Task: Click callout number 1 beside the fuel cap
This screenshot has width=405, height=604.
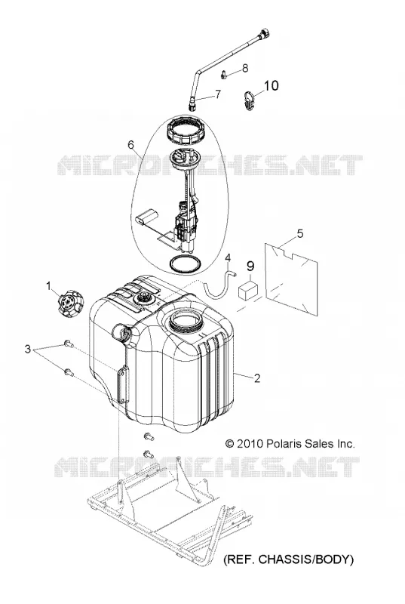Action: point(48,286)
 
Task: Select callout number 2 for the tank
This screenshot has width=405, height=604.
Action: point(256,378)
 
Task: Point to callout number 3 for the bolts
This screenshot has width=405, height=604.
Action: point(27,350)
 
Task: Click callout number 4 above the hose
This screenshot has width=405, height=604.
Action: point(228,257)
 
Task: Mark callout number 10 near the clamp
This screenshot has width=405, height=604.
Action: point(272,85)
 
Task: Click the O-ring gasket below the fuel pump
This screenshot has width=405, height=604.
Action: point(185,263)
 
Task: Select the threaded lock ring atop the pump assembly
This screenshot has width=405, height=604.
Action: point(186,131)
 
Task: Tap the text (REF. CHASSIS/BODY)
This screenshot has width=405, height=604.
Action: point(288,559)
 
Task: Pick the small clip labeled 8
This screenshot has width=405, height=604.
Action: point(224,73)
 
